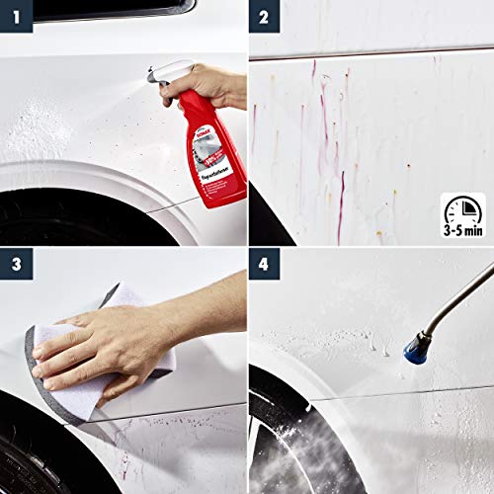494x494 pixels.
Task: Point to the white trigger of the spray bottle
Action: (163, 71)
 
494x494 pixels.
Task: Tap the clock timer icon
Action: (459, 211)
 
